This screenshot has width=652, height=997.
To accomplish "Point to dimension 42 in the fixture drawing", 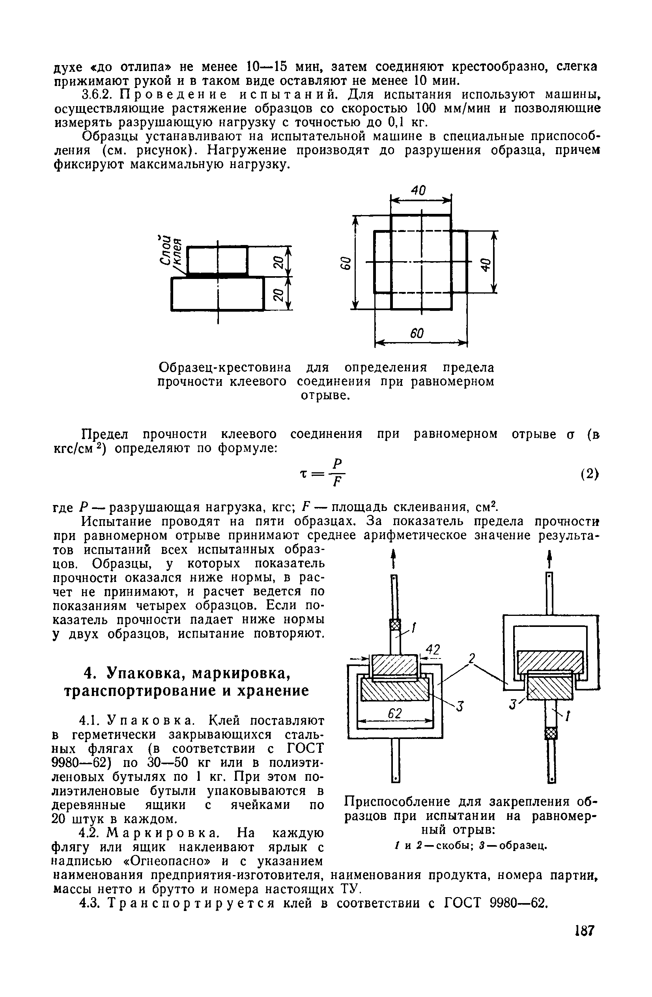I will click(433, 650).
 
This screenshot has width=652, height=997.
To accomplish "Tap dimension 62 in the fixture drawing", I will click(394, 713).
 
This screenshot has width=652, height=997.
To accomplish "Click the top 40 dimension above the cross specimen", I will click(418, 191).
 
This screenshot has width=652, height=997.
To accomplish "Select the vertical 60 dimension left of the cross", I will click(344, 264).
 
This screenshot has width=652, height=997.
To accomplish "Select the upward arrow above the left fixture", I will click(393, 558).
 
